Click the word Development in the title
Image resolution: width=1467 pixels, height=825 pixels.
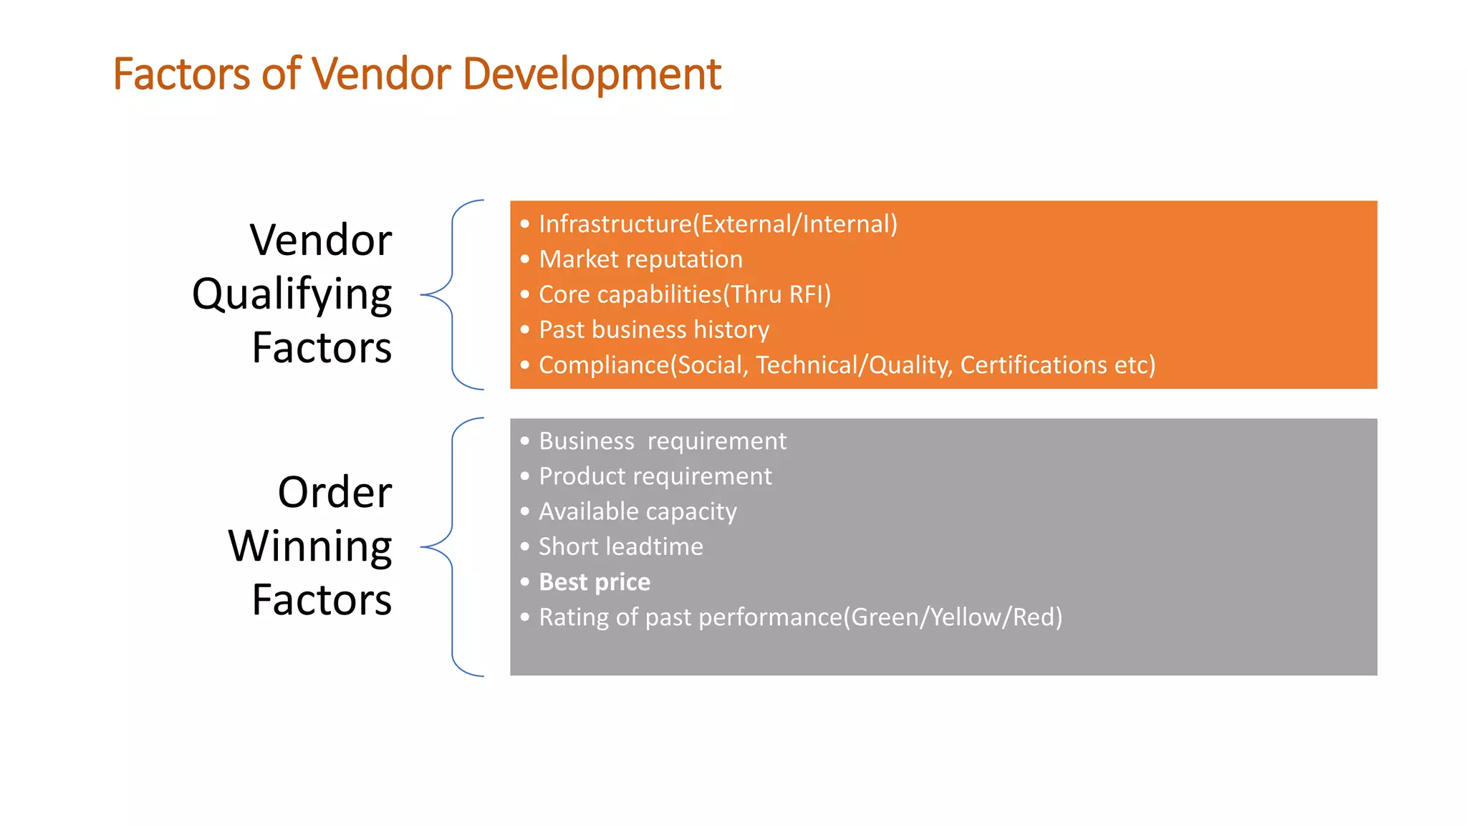592,74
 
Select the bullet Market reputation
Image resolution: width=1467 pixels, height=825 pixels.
640,259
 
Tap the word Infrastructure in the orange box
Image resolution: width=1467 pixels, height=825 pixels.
615,224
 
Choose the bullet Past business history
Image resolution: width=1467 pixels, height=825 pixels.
653,329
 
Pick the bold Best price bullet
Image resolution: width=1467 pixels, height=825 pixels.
595,582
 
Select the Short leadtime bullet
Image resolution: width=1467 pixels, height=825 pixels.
620,547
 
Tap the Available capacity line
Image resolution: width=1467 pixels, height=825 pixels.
638,511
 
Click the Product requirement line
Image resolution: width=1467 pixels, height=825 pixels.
655,476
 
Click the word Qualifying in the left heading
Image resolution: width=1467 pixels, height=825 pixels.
292,294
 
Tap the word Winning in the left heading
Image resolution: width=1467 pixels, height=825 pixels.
310,546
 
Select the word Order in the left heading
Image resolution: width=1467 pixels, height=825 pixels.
335,493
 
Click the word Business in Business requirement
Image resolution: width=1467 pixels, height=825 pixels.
586,441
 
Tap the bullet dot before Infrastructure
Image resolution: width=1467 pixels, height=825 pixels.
525,224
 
